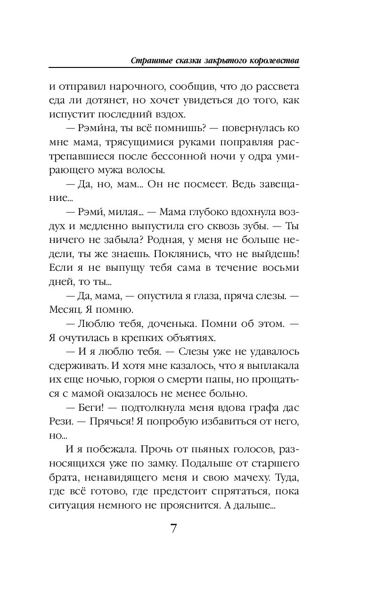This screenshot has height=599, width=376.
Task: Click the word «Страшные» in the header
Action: click(x=150, y=61)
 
